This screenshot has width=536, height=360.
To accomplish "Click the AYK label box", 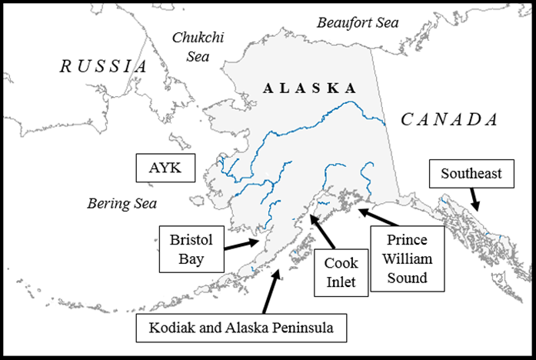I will [165, 168].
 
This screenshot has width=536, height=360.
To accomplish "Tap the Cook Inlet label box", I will [340, 272].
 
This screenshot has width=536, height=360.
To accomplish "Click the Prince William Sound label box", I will [408, 259].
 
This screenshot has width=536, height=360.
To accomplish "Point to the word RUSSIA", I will [103, 66].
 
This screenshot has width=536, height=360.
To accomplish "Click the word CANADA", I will [450, 119].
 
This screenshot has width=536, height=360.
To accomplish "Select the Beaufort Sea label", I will [358, 22].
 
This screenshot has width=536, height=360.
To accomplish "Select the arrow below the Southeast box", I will [476, 201].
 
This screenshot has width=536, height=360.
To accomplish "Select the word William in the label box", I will [408, 259].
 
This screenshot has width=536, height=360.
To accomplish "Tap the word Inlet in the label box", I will [340, 282].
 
